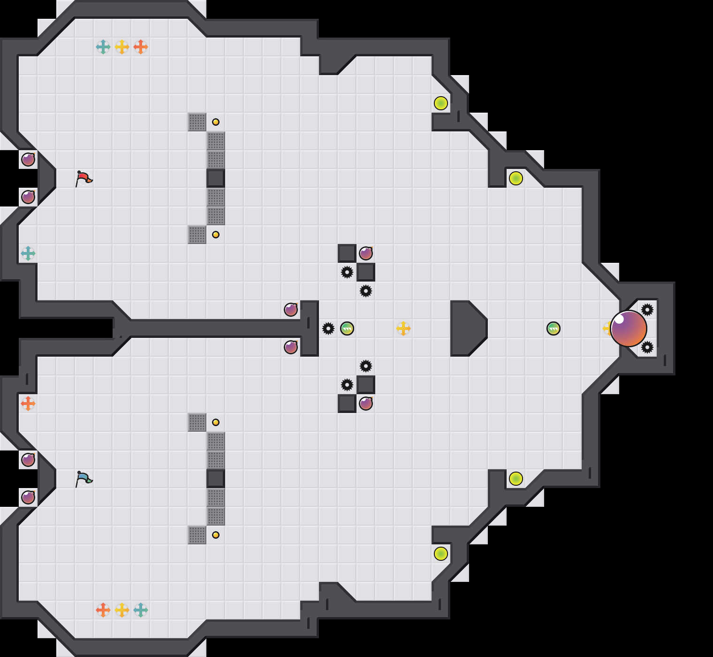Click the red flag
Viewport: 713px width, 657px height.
coord(83,178)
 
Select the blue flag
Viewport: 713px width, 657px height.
coord(83,479)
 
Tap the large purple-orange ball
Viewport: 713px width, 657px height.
coord(629,328)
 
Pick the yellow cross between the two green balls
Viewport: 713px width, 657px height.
coord(403,328)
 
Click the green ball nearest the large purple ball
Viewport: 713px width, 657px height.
coord(554,328)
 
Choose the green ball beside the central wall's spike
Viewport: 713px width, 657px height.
coord(347,328)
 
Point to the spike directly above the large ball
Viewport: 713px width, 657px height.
coord(647,310)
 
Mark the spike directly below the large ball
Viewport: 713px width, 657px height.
coord(647,347)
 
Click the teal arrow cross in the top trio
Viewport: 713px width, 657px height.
coord(103,47)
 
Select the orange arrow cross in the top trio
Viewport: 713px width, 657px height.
coord(141,47)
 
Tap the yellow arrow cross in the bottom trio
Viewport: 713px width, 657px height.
coord(122,610)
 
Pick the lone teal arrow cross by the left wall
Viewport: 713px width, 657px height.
coord(28,253)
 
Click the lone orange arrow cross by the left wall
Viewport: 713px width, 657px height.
coord(28,404)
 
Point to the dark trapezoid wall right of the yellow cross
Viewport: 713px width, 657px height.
coord(467,328)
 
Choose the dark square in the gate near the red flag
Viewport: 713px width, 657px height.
coord(216,178)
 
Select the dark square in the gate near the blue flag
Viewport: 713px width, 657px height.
coord(216,479)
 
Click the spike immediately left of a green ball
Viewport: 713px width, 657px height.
coord(328,328)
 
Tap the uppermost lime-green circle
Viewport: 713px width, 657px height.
coord(441,103)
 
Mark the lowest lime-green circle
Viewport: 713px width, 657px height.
coord(441,554)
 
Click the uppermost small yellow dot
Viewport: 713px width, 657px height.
coord(216,122)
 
